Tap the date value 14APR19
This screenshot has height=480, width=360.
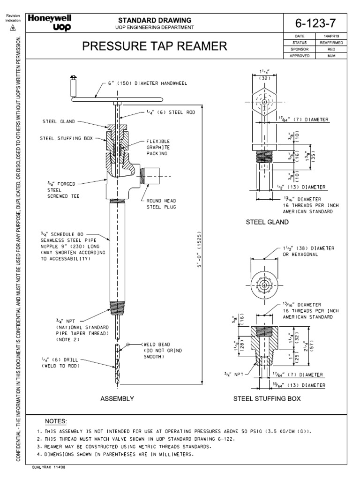[x=331, y=36]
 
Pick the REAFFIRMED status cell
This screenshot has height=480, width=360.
[x=331, y=42]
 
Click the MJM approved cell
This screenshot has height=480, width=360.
[x=331, y=55]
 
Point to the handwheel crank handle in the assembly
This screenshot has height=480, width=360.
[x=73, y=86]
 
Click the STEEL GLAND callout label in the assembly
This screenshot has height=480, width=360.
[x=57, y=121]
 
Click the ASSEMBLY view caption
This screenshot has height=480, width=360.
[x=117, y=398]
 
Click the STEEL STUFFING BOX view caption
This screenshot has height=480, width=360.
[x=267, y=398]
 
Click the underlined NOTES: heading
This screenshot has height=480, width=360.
[x=55, y=421]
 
